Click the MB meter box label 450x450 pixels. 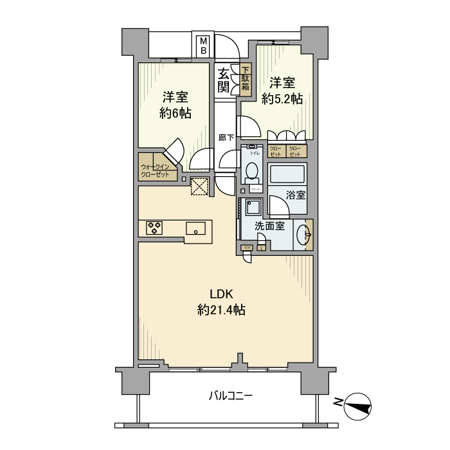click(203, 46)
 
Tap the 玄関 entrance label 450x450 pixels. click(223, 80)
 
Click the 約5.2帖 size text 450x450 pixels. click(282, 99)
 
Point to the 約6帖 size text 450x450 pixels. click(175, 113)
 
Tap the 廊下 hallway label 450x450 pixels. click(225, 137)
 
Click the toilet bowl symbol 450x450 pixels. click(251, 172)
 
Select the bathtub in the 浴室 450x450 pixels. click(287, 175)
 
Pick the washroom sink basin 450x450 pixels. click(302, 235)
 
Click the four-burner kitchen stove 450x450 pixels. click(154, 228)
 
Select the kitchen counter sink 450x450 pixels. click(196, 228)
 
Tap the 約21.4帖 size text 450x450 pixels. click(221, 310)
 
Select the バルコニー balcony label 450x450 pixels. click(230, 396)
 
